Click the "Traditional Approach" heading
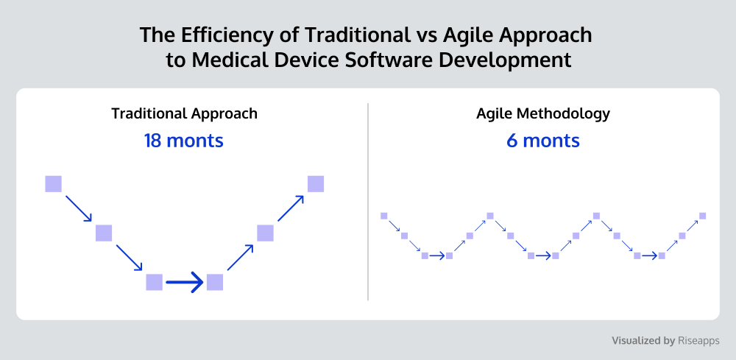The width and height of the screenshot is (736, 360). pyautogui.click(x=184, y=113)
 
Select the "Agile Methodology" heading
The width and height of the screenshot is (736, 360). pyautogui.click(x=543, y=113)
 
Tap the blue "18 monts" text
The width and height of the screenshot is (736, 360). pyautogui.click(x=183, y=141)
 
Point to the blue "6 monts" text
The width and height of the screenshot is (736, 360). pyautogui.click(x=543, y=141)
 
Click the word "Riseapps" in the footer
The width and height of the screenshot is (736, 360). pyautogui.click(x=698, y=341)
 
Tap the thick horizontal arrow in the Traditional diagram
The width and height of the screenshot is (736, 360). pyautogui.click(x=185, y=283)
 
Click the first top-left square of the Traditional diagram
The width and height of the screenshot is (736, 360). pyautogui.click(x=54, y=183)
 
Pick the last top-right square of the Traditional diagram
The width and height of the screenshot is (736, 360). pyautogui.click(x=316, y=183)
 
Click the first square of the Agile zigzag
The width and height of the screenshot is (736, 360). pyautogui.click(x=384, y=216)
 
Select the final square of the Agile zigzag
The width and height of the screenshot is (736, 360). pyautogui.click(x=703, y=216)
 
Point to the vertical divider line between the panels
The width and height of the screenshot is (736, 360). pyautogui.click(x=368, y=202)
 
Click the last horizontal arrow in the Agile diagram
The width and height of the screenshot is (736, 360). pyautogui.click(x=650, y=255)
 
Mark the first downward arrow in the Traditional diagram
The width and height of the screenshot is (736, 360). pyautogui.click(x=79, y=208)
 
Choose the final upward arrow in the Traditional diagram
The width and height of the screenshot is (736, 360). pyautogui.click(x=291, y=208)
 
